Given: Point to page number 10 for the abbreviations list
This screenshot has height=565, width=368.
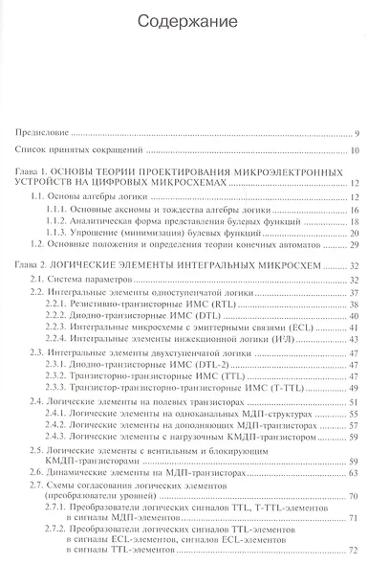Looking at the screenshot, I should coord(353,150).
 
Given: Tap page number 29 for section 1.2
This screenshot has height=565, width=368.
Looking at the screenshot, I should coord(353,245).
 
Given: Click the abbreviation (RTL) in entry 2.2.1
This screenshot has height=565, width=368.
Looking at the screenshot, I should coord(212,302).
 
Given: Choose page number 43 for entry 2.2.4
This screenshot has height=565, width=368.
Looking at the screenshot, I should coord(353,339).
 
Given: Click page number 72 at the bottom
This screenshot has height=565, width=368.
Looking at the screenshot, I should coord(353,554).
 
